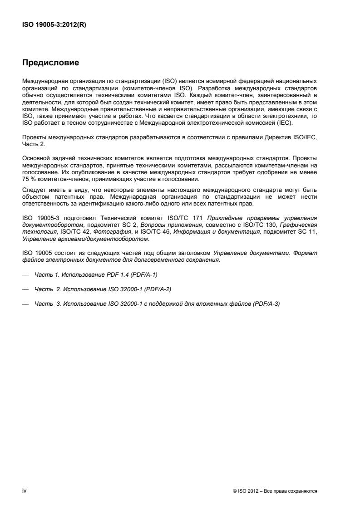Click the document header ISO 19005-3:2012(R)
coord(54,25)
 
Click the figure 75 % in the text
coord(28,179)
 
